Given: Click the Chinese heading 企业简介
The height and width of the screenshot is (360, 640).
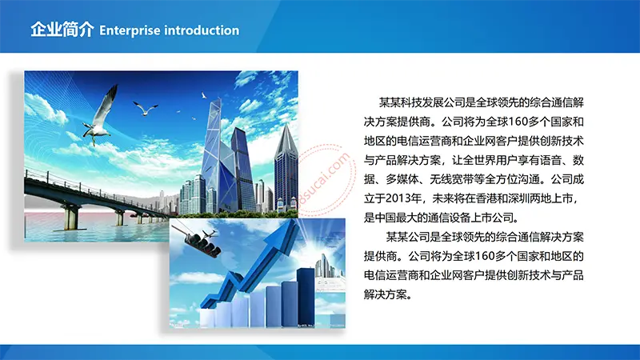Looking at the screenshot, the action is point(62,30).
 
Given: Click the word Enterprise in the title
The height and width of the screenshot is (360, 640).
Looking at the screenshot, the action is point(130,30).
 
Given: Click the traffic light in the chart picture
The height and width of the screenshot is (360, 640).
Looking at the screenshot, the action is point(203,244).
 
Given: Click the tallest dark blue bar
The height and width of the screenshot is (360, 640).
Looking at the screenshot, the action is point(306,297).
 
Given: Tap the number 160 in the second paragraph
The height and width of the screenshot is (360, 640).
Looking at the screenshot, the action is point(485,256).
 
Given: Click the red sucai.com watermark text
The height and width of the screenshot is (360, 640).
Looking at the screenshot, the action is point(325,179).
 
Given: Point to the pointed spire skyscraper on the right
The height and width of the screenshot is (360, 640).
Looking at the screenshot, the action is point(286,167).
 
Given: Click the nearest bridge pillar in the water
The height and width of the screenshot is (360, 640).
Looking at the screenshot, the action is point(70,217).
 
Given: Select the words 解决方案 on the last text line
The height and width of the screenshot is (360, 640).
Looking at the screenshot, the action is point(386,294).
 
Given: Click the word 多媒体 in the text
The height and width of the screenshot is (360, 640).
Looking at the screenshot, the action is point(402,179).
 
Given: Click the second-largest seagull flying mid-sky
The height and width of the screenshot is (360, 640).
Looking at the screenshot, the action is point(145,109).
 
